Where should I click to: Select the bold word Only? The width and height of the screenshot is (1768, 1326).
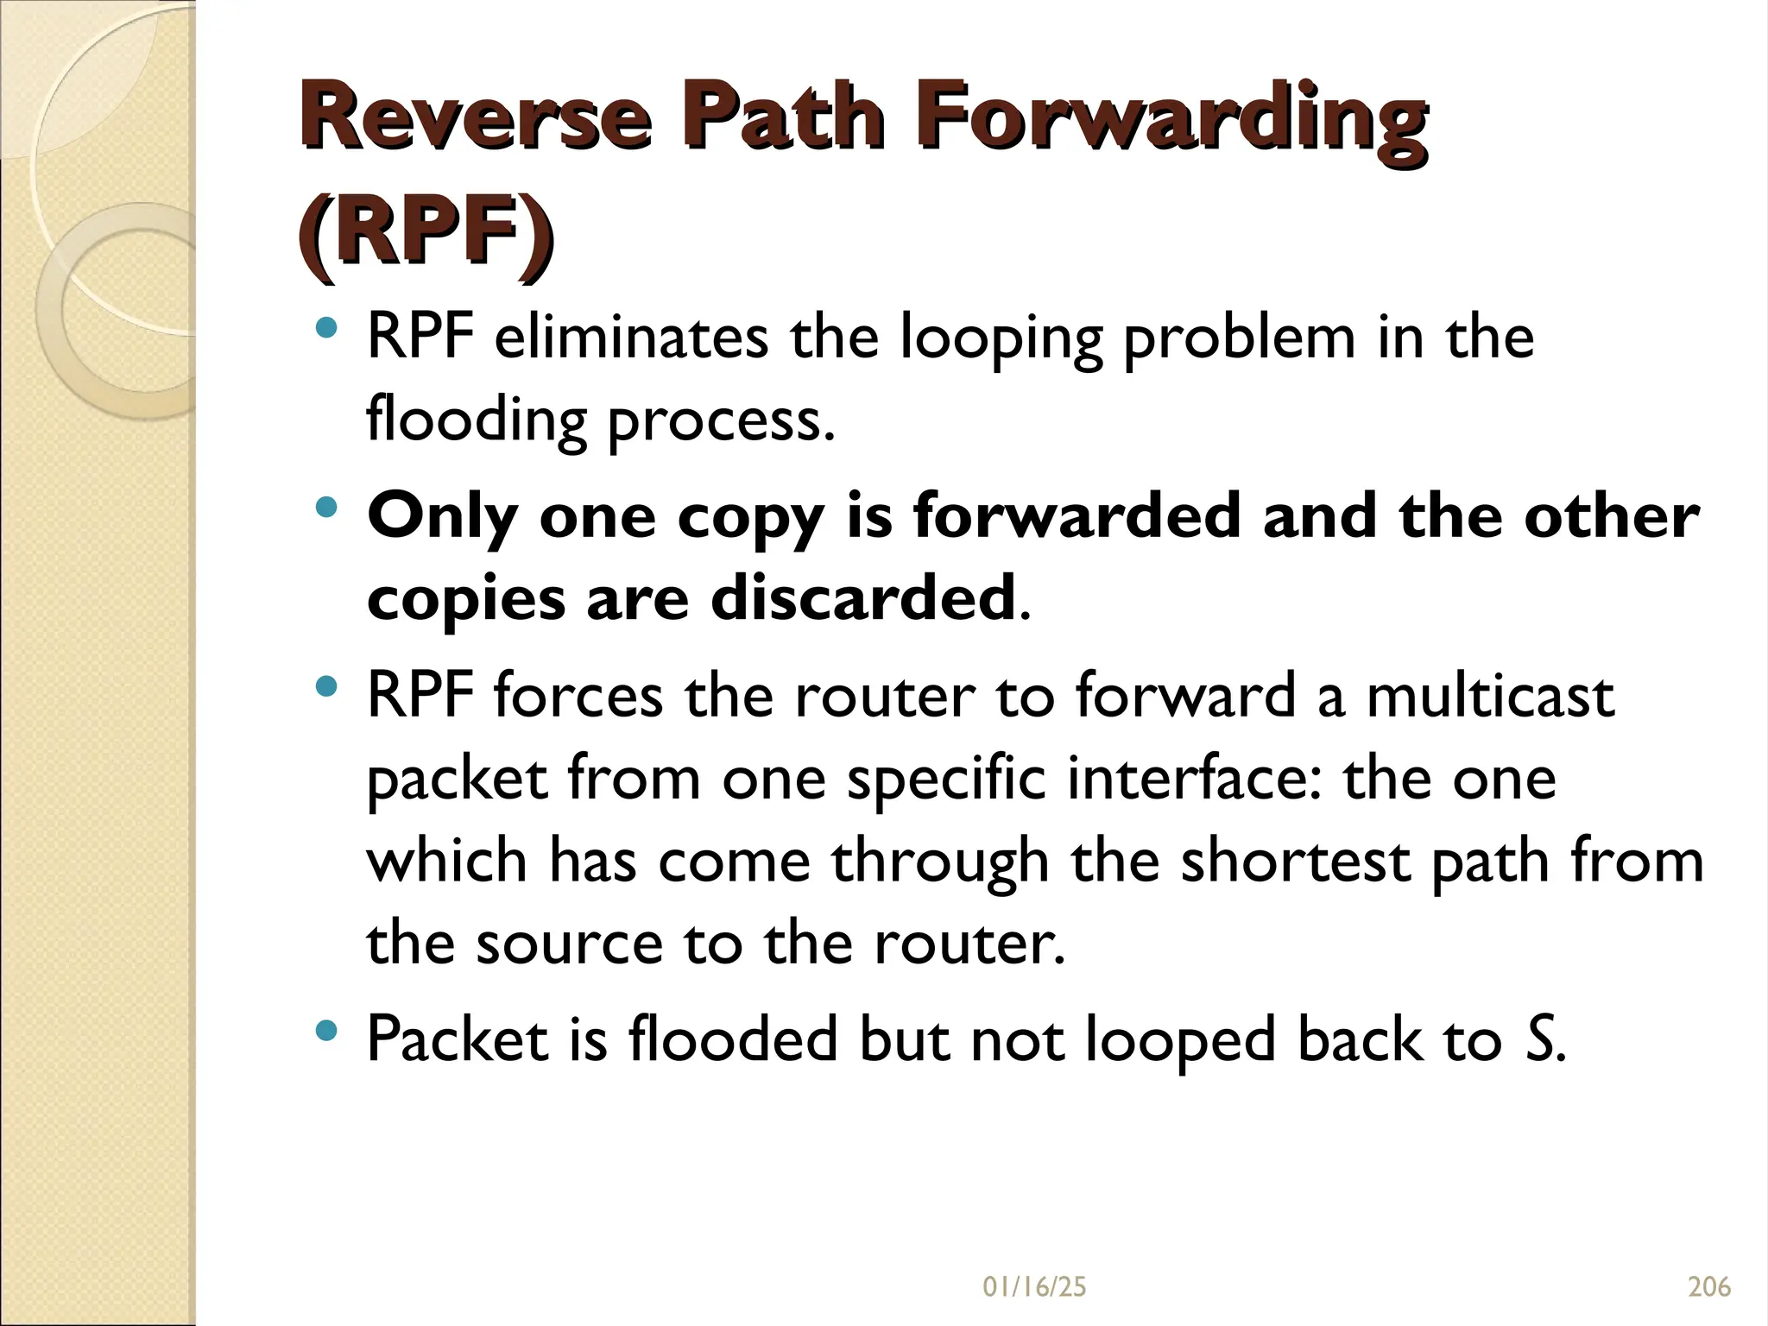point(442,516)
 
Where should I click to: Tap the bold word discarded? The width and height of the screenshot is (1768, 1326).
point(862,597)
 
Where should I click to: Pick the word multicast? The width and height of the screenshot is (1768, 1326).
point(1490,696)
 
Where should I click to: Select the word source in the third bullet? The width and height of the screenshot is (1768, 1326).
point(569,943)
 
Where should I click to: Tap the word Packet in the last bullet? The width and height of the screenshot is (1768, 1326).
point(458,1039)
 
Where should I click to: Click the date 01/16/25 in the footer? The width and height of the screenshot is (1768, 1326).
point(1034,1287)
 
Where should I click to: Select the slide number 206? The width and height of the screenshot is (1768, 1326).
point(1709,1287)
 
